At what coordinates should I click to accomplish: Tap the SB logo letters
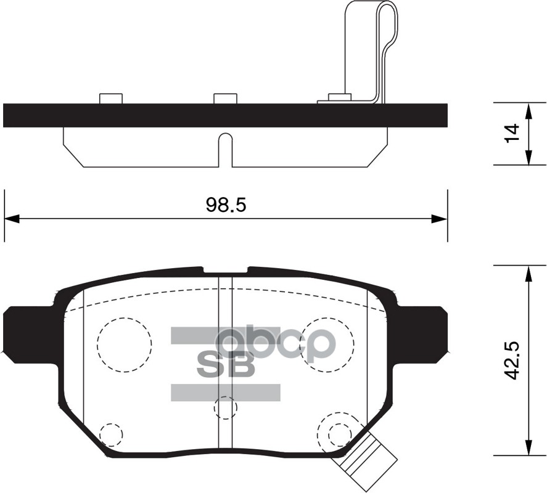tap(225, 365)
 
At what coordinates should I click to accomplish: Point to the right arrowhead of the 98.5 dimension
tap(439, 219)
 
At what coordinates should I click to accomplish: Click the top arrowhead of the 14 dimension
tap(528, 110)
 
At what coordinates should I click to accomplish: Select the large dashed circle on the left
tap(124, 345)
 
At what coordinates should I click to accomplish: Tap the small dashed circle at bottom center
tap(224, 408)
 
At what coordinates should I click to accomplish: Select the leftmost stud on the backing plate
tap(111, 99)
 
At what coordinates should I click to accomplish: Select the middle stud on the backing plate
tap(225, 99)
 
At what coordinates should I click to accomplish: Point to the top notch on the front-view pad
tap(225, 272)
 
